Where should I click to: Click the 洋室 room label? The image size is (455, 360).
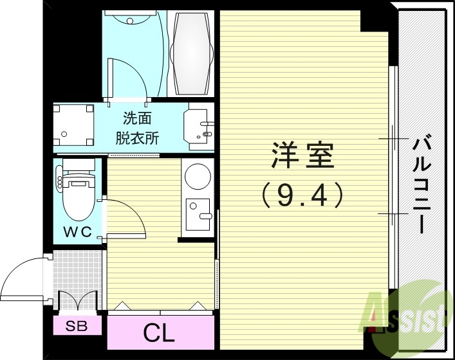pyautogui.click(x=302, y=156)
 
